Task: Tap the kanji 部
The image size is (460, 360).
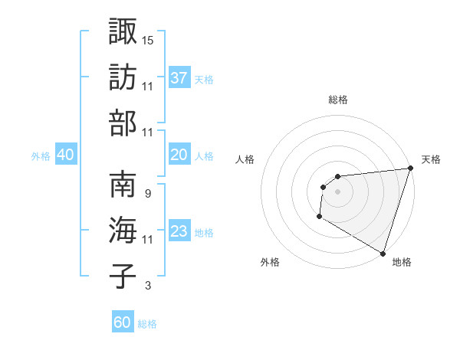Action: pyautogui.click(x=123, y=123)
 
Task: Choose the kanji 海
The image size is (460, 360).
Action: pyautogui.click(x=123, y=231)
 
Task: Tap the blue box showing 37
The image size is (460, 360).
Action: pyautogui.click(x=179, y=77)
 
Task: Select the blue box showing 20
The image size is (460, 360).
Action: pyautogui.click(x=179, y=155)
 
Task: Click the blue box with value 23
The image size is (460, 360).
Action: pyautogui.click(x=179, y=231)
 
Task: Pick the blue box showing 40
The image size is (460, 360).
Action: pyautogui.click(x=65, y=155)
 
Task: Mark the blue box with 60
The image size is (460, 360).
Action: pyautogui.click(x=123, y=322)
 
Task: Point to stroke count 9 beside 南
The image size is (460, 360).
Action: pyautogui.click(x=147, y=193)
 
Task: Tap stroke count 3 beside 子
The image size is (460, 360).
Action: pyautogui.click(x=147, y=286)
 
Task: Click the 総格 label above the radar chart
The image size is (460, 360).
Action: pyautogui.click(x=337, y=100)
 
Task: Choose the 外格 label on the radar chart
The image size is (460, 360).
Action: pyautogui.click(x=270, y=262)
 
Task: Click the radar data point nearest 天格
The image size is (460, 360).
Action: pyautogui.click(x=410, y=169)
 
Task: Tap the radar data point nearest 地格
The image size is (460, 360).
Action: pyautogui.click(x=382, y=253)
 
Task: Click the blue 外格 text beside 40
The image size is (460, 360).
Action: pyautogui.click(x=41, y=155)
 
